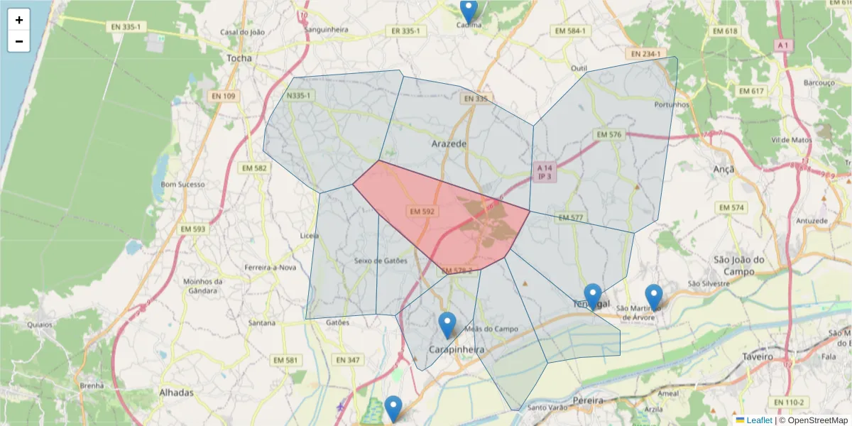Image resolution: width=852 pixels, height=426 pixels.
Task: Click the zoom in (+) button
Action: pos(19,20)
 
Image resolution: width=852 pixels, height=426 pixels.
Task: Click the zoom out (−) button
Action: pos(19,41)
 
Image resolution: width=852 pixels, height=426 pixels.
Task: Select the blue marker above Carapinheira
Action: pos(447,324)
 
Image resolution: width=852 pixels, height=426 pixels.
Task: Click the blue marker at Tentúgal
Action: pos(593,296)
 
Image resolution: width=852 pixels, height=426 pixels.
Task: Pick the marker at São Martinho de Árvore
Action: pos(653,297)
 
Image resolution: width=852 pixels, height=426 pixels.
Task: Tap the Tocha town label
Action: pos(239,58)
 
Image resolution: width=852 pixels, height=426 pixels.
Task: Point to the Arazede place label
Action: pos(449,143)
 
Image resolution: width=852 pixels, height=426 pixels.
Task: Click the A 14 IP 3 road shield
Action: pos(544,171)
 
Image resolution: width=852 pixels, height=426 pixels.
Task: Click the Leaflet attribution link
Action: pos(759,420)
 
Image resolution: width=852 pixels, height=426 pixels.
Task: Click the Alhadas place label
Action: pos(176,393)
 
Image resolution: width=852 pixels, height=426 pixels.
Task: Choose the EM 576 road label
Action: pos(608,134)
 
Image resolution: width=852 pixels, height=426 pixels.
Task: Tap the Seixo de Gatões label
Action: pos(381,261)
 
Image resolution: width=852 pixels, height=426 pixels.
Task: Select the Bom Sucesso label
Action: pos(183,185)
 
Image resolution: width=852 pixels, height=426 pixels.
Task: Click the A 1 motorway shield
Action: pos(782,45)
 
